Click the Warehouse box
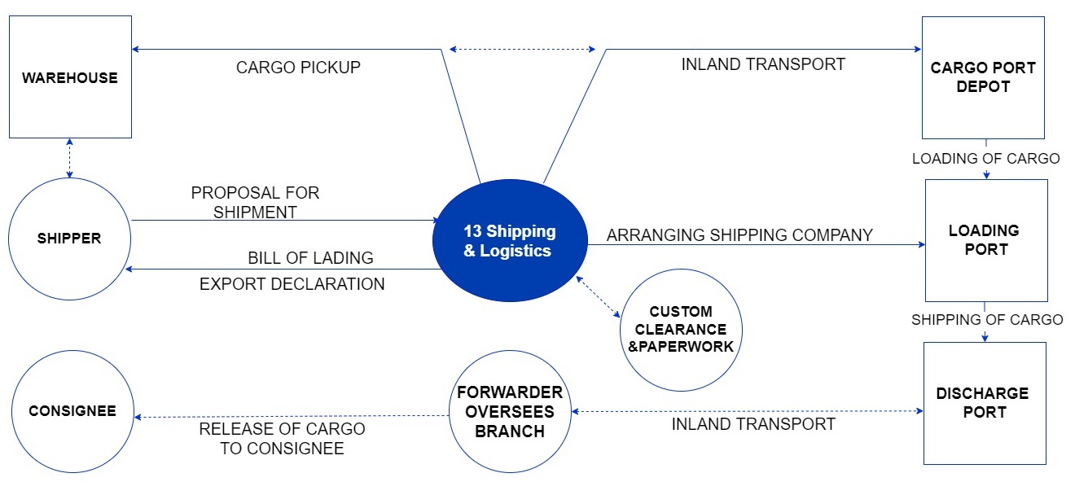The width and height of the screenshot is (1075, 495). [70, 77]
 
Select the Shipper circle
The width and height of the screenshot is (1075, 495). [69, 239]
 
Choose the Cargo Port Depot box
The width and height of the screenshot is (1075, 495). [982, 77]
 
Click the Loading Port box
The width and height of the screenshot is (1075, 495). [985, 240]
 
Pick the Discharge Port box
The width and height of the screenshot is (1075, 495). [984, 403]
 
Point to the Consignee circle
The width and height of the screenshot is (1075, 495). [72, 411]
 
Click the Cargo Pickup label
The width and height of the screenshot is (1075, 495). [298, 68]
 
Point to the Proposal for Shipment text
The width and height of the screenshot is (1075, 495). [255, 203]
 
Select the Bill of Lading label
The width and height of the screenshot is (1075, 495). [310, 258]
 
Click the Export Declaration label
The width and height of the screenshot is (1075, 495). [292, 284]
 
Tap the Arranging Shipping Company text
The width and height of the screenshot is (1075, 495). [739, 235]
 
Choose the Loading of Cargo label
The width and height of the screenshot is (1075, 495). [985, 159]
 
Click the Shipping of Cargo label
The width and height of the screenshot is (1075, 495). [987, 319]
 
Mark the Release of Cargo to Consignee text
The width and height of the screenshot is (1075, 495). [282, 438]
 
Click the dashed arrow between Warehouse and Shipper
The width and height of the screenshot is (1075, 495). [69, 157]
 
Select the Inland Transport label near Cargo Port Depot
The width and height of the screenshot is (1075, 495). [763, 64]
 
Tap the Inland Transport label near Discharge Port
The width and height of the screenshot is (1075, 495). [753, 424]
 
